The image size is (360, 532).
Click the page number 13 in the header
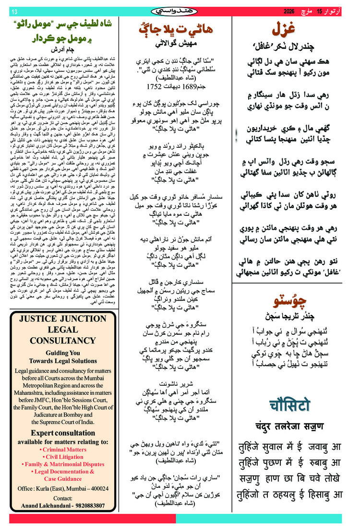click(x=14, y=12)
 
